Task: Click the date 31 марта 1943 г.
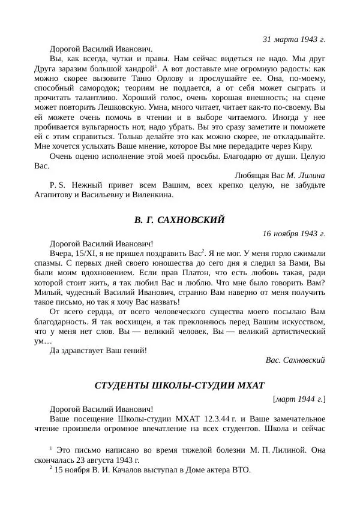(x=294, y=39)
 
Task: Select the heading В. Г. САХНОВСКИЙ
(x=179, y=220)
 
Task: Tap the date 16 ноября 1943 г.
(x=294, y=233)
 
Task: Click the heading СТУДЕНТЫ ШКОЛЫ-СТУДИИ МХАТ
(x=179, y=385)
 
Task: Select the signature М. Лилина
(x=306, y=175)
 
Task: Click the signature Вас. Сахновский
(x=295, y=360)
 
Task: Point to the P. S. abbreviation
(x=58, y=185)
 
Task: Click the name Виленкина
(x=152, y=195)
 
